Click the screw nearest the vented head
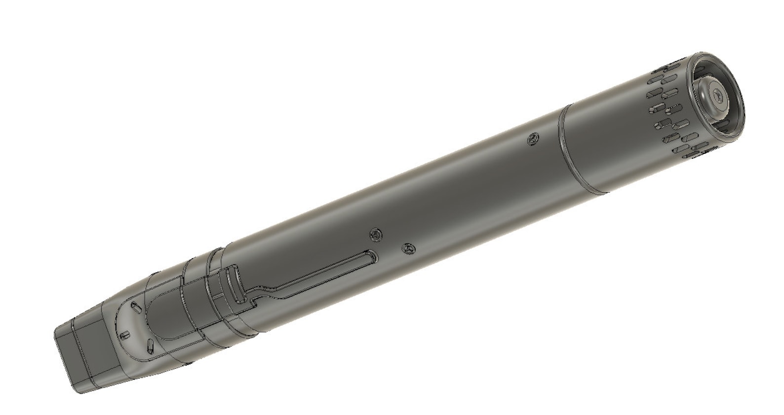(x=532, y=138)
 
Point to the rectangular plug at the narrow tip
(x=74, y=355)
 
